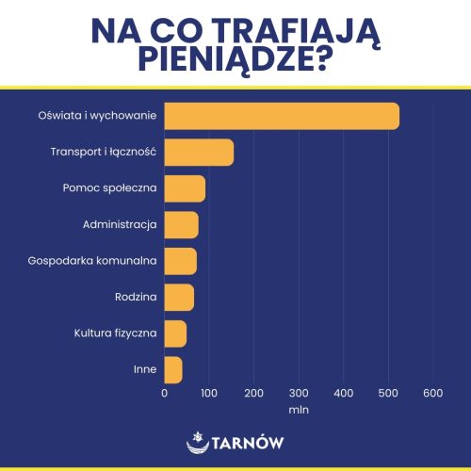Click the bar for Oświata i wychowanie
click(x=282, y=116)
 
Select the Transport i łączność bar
click(x=199, y=152)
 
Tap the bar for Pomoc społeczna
click(x=185, y=188)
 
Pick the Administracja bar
click(x=181, y=224)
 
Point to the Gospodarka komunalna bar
click(x=180, y=260)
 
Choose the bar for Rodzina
click(x=179, y=297)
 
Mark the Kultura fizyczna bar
click(x=175, y=333)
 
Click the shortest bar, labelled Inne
click(x=173, y=369)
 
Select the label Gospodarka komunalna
click(x=92, y=261)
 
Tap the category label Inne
click(x=145, y=369)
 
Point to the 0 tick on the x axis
click(x=164, y=393)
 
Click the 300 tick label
click(x=299, y=393)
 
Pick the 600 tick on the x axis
click(x=432, y=393)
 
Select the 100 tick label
click(x=209, y=393)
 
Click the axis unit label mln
click(x=299, y=410)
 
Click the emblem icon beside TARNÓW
click(x=197, y=441)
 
